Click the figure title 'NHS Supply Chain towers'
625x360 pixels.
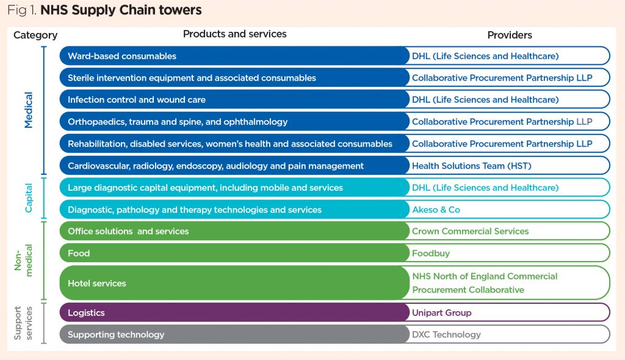tap(121, 10)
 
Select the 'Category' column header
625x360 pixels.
tap(35, 35)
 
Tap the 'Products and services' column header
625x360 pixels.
tap(234, 34)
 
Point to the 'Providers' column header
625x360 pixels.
tap(510, 35)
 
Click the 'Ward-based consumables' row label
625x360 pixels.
tap(122, 56)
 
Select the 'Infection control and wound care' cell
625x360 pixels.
tap(137, 100)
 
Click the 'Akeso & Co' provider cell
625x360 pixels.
tap(436, 210)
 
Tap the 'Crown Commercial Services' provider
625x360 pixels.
tap(470, 231)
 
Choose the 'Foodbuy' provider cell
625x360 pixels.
tap(430, 253)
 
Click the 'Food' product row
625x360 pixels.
tap(79, 253)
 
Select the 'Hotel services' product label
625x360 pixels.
tap(97, 284)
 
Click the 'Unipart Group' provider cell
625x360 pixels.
tap(441, 313)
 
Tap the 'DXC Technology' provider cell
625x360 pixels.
tap(446, 334)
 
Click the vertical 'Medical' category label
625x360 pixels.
tap(29, 110)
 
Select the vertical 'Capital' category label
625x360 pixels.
tap(29, 198)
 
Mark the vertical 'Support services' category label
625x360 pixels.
tap(23, 323)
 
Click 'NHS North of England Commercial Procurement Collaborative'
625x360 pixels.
tap(485, 283)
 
